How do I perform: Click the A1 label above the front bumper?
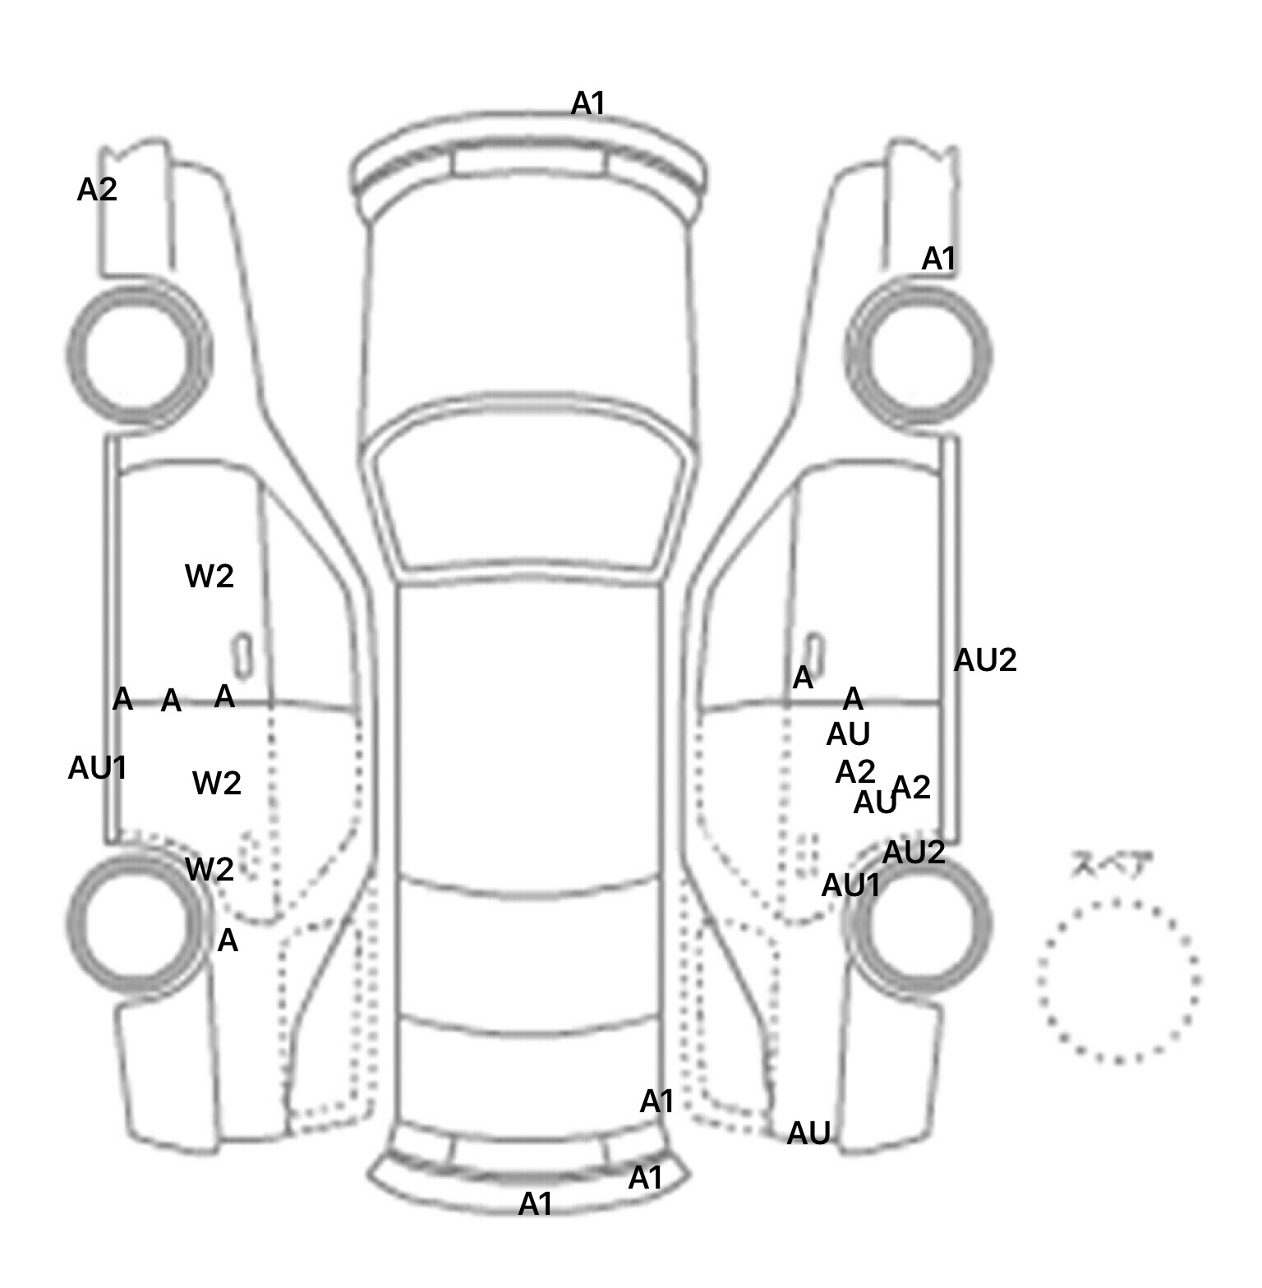tap(587, 103)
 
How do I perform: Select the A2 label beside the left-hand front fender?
tap(97, 190)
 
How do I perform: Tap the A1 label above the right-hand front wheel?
tap(938, 259)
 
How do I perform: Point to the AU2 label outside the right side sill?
tap(985, 660)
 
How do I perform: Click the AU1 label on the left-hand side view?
tap(97, 768)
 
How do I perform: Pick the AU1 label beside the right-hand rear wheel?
tap(851, 885)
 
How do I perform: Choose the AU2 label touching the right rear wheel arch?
tap(914, 853)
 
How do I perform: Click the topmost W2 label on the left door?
tap(210, 576)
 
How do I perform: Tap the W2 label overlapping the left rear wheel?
tap(210, 868)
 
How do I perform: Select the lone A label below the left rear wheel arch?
tap(228, 941)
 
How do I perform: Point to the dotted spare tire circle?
tap(1118, 980)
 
